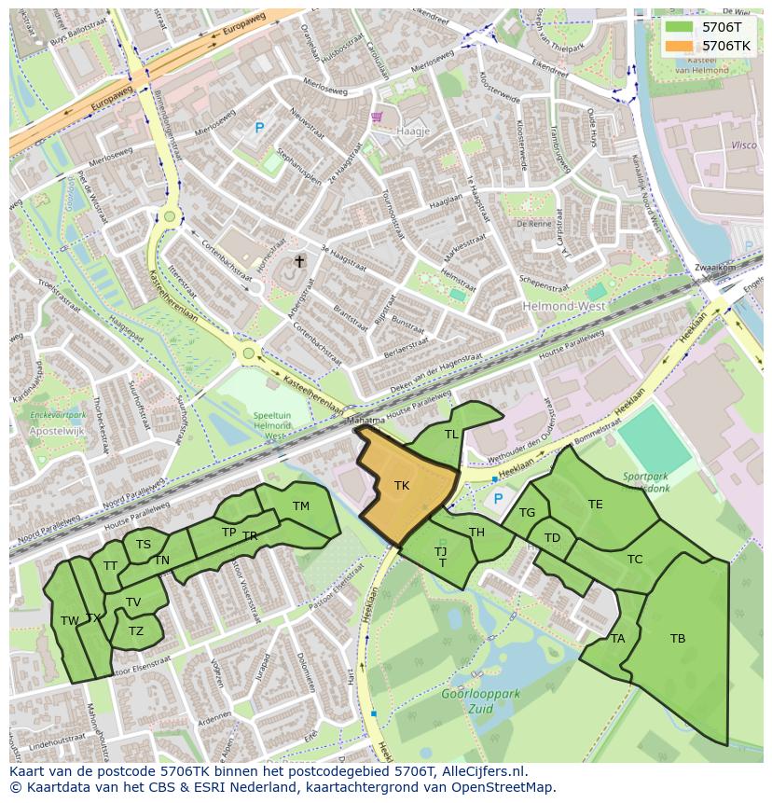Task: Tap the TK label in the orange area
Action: click(402, 485)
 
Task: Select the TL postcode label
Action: click(451, 435)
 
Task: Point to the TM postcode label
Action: click(300, 506)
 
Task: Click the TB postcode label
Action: click(678, 639)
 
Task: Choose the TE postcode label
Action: click(595, 505)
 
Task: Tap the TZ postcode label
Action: click(136, 630)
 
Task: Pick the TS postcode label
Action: click(144, 545)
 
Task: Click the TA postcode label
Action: click(617, 639)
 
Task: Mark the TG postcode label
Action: click(528, 513)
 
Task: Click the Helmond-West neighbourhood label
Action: click(565, 306)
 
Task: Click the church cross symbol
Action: click(299, 261)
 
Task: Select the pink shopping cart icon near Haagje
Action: click(377, 117)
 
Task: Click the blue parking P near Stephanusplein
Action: click(259, 129)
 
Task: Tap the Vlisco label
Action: click(743, 145)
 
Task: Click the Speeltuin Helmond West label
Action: click(273, 425)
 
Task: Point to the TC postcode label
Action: click(635, 560)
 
